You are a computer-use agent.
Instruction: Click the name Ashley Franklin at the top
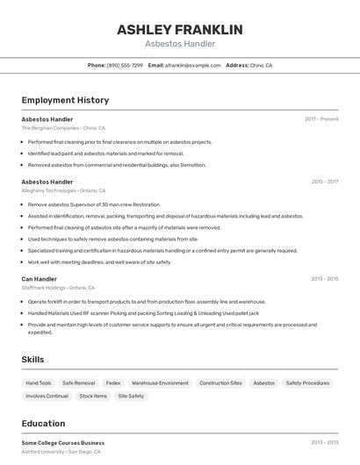click(179, 29)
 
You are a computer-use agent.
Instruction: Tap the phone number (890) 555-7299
click(125, 65)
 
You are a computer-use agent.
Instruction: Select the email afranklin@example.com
click(193, 65)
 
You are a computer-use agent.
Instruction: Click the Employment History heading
click(65, 100)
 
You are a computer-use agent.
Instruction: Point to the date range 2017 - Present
click(321, 118)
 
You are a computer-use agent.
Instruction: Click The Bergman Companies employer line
click(63, 127)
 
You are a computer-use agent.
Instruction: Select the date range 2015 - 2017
click(324, 182)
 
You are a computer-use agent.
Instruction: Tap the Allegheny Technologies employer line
click(63, 190)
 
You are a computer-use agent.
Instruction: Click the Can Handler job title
click(40, 279)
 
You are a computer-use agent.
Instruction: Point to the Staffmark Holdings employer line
click(57, 288)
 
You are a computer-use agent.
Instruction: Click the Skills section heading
click(33, 360)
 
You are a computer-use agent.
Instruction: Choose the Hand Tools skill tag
click(39, 383)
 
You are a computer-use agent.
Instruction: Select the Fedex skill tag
click(113, 383)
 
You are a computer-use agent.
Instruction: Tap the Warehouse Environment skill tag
click(160, 383)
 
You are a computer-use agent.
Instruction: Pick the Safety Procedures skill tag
click(307, 383)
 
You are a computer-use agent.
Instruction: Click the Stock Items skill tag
click(93, 396)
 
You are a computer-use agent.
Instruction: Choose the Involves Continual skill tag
click(47, 396)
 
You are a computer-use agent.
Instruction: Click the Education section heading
click(43, 423)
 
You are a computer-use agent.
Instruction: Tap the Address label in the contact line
click(237, 65)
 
